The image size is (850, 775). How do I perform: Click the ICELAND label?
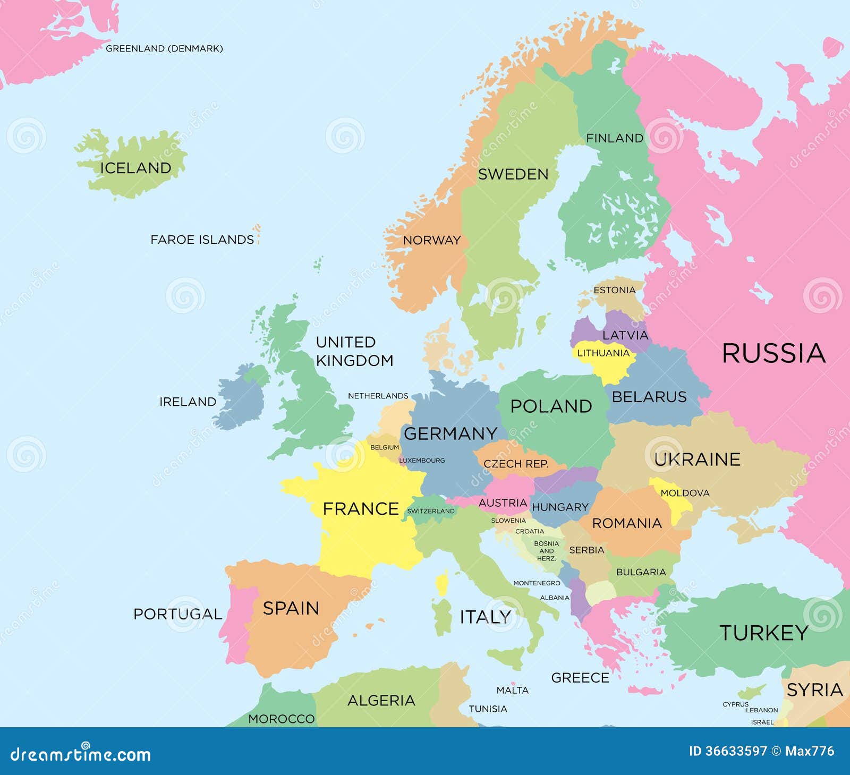[x=135, y=168]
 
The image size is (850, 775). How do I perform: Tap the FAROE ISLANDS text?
[x=202, y=240]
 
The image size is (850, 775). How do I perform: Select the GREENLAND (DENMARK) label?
[x=164, y=48]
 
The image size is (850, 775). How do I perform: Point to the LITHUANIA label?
[x=603, y=353]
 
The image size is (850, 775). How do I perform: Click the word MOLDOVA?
[x=685, y=493]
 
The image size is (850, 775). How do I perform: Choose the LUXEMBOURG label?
[x=422, y=461]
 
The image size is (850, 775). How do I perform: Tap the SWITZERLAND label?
[x=431, y=511]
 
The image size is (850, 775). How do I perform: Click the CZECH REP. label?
[x=516, y=464]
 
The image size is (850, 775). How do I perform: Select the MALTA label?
[x=512, y=690]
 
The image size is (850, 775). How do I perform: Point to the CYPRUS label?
[x=735, y=704]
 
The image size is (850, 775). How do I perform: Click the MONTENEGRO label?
[x=537, y=583]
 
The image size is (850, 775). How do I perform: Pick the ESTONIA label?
[x=614, y=290]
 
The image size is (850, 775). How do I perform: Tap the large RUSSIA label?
[x=773, y=354]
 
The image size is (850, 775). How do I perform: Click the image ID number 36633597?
[x=728, y=751]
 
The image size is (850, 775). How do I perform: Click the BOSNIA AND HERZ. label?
[x=546, y=551]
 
